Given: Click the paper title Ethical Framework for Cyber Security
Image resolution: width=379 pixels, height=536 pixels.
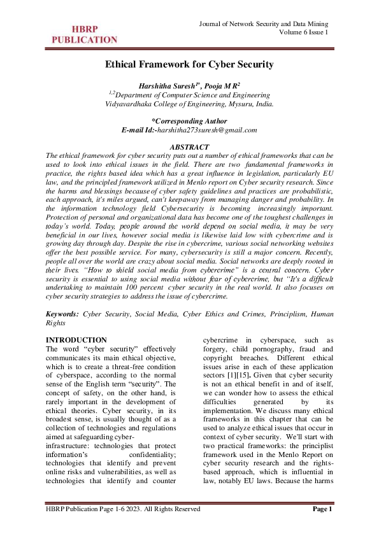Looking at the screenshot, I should point(189,64).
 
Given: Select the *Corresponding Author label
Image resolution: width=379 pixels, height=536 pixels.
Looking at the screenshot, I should point(189,120).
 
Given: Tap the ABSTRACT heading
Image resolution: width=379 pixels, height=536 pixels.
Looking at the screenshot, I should point(189,147).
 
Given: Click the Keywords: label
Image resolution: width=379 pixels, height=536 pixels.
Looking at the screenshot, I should point(63,314).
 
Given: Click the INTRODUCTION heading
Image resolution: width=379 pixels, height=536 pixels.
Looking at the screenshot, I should point(76,341).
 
